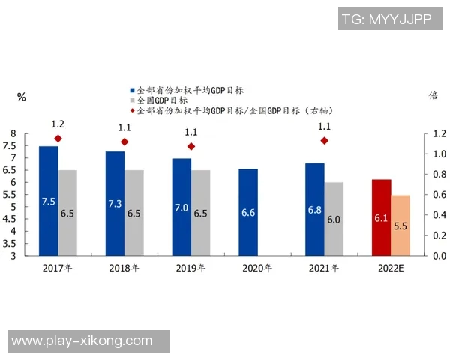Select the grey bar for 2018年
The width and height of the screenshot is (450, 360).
coord(134,213)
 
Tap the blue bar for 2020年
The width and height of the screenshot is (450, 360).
coord(248,212)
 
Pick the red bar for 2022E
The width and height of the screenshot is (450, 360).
coord(381,217)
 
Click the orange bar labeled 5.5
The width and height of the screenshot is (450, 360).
coord(400,225)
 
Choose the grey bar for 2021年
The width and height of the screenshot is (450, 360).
coord(334,219)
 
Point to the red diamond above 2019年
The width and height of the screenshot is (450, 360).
coord(191,147)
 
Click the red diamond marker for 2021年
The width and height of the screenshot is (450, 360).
coord(324,141)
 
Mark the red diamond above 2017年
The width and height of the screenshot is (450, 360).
coord(58,139)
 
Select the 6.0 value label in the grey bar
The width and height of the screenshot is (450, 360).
coord(334,219)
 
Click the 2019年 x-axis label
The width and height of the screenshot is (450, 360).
coord(191,267)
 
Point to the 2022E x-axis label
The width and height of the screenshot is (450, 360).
coord(390,267)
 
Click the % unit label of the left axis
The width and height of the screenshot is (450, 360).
coord(21,96)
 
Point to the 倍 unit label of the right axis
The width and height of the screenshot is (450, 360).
coord(433,95)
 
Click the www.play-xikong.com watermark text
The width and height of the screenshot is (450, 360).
coord(82,341)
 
